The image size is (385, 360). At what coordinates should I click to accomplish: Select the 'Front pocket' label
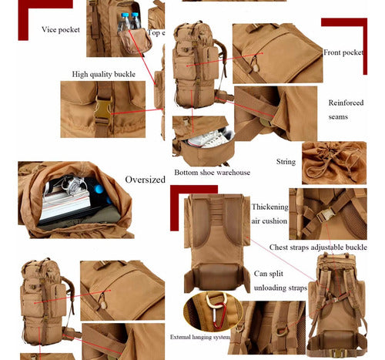[x=343, y=52]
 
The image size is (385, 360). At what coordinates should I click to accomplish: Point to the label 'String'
[x=286, y=162]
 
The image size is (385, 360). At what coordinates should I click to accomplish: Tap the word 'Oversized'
[x=145, y=180]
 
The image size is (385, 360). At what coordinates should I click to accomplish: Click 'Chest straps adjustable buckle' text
[x=318, y=247]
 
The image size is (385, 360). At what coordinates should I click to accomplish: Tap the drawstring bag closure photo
[x=334, y=161]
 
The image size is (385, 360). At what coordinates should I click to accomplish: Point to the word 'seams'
[x=337, y=117]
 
